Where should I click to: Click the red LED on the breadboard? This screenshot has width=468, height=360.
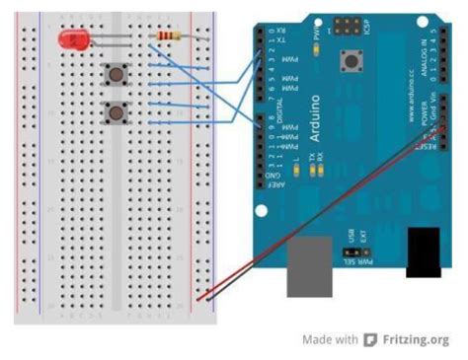coord(71,40)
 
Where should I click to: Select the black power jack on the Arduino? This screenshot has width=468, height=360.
coord(429,252)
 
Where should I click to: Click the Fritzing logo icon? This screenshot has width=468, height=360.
coord(370,340)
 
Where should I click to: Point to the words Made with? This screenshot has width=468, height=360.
coord(330,340)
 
